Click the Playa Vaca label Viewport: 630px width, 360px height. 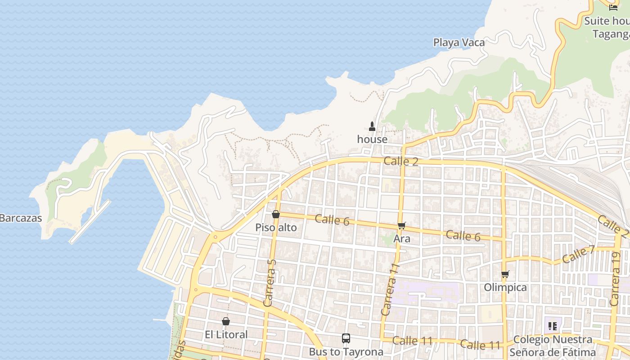click(459, 43)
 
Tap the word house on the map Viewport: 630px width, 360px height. click(372, 139)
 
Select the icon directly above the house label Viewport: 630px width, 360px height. click(372, 126)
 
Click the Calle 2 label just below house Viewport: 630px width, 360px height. click(401, 161)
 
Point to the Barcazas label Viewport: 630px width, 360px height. click(21, 218)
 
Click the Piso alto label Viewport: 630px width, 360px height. click(276, 228)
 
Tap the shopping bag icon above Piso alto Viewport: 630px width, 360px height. click(276, 214)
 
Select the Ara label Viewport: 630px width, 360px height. click(402, 238)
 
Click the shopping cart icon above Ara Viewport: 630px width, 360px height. click(402, 225)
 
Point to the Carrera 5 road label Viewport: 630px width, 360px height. click(269, 283)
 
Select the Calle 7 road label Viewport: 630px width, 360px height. click(578, 255)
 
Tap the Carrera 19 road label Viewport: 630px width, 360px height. click(615, 279)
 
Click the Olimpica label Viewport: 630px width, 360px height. click(505, 288)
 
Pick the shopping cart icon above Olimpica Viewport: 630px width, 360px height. click(505, 274)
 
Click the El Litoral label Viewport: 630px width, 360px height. click(226, 335)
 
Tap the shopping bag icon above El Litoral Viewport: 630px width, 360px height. click(226, 321)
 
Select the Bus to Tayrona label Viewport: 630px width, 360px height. click(346, 351)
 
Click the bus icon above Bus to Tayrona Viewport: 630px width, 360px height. click(346, 338)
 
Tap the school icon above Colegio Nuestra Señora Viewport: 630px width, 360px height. click(553, 326)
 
